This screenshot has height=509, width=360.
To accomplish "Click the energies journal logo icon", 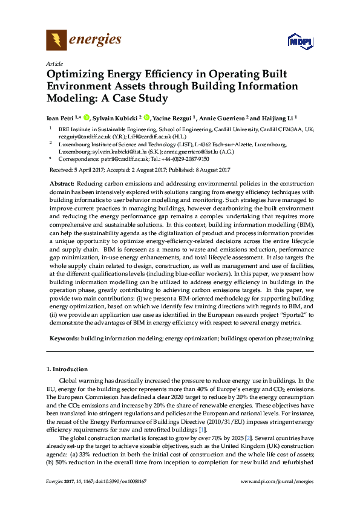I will [x=57, y=41].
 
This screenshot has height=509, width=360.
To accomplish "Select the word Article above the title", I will [x=54, y=63].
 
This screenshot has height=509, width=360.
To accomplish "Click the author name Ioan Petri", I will [x=62, y=118].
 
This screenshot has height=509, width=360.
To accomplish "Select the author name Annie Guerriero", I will [x=227, y=118].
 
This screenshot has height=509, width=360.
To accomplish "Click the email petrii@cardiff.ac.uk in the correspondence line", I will [x=123, y=159].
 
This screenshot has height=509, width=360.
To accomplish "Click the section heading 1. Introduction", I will [x=67, y=369].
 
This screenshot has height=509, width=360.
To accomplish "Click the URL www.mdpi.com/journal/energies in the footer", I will [x=277, y=498].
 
